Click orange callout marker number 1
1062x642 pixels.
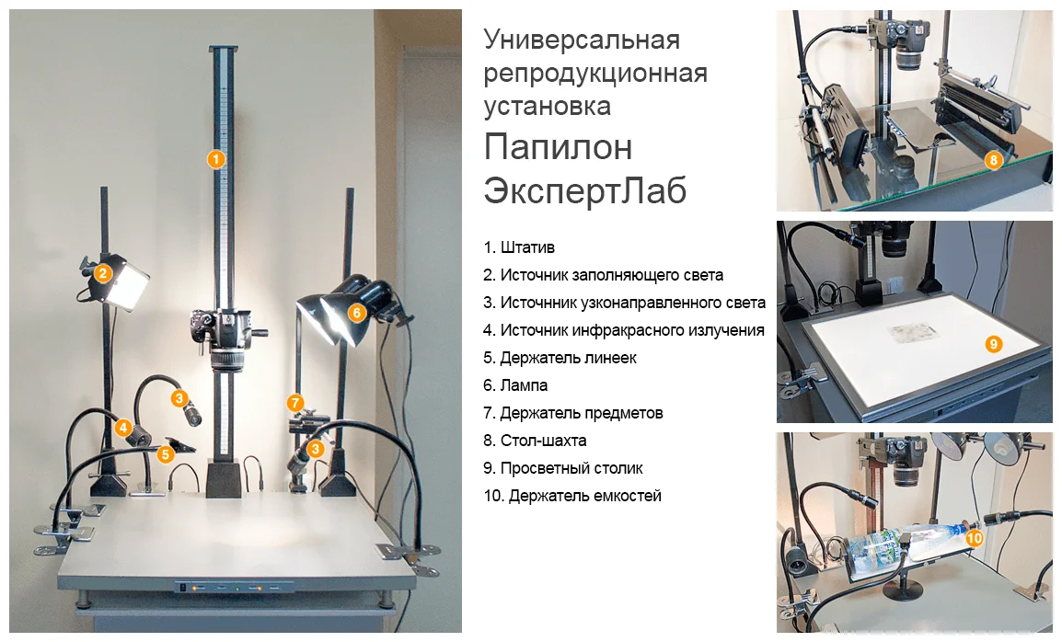pos(215,160)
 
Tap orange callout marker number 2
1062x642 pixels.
pos(102,273)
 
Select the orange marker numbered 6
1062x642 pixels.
pos(356,313)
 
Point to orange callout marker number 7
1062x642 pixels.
pos(294,404)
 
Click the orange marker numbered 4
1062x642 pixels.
pos(122,428)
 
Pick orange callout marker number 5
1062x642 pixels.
pos(166,454)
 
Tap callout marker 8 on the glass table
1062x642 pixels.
pos(993,160)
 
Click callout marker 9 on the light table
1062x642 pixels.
pos(993,344)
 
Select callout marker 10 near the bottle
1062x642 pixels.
pos(974,538)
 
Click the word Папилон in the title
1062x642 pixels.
pos(558,147)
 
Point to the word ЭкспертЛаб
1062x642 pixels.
pos(585,190)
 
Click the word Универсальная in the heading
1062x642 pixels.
pos(582,40)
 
